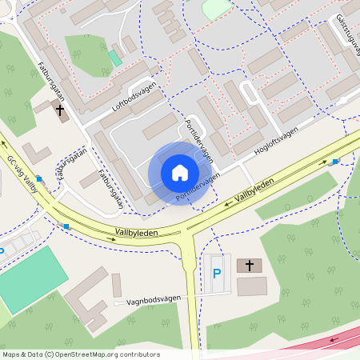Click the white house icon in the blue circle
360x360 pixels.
click(179, 173)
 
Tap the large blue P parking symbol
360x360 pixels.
click(217, 274)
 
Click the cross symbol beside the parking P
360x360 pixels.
click(249, 265)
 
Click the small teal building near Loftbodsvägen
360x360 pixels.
click(116, 58)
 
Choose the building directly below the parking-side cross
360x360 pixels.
click(252, 286)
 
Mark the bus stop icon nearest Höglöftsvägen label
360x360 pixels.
click(335, 162)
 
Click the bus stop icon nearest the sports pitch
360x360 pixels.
click(66, 226)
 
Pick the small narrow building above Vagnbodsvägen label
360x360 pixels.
click(117, 285)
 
